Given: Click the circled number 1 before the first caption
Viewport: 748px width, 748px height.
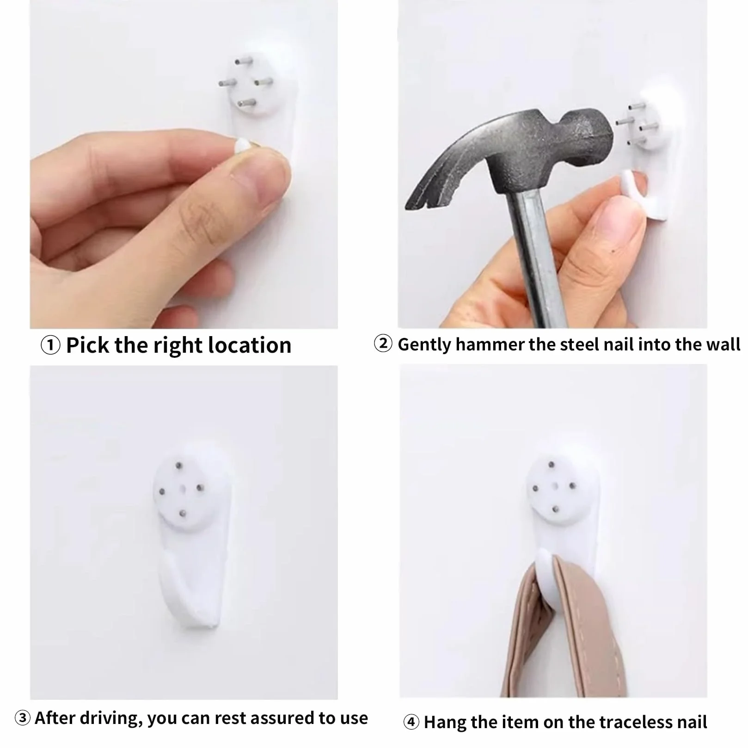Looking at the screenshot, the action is pyautogui.click(x=50, y=345).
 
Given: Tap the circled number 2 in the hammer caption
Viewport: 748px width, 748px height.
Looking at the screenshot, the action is pyautogui.click(x=383, y=344).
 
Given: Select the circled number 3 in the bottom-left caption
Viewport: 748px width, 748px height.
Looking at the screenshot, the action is pyautogui.click(x=23, y=718).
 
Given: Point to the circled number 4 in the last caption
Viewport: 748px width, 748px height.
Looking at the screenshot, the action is pyautogui.click(x=411, y=722).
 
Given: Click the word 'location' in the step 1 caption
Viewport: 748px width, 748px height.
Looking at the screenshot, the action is pyautogui.click(x=250, y=345).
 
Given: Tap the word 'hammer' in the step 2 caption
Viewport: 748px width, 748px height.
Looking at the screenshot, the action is pyautogui.click(x=490, y=345).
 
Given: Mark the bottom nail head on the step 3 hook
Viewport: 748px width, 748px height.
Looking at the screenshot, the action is pyautogui.click(x=183, y=513).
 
